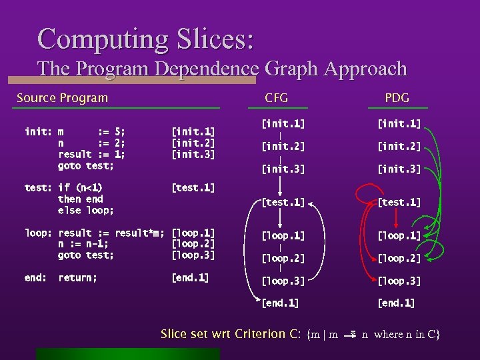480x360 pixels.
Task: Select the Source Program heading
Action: point(62,98)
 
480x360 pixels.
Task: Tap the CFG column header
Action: point(276,98)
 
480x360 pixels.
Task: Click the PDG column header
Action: point(397,98)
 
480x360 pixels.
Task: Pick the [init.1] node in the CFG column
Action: point(283,123)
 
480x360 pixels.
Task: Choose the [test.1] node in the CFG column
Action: point(283,202)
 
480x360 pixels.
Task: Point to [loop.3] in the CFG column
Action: point(283,281)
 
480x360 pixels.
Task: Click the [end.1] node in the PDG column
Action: point(396,303)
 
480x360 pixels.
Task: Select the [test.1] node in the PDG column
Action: point(399,202)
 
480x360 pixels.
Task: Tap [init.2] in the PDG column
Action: point(399,146)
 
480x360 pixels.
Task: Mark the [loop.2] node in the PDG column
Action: point(399,258)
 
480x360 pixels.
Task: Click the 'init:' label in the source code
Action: point(37,132)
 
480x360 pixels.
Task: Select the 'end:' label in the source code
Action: point(35,277)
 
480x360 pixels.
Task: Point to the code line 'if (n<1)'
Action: point(81,188)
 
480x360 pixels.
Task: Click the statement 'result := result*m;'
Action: point(111,233)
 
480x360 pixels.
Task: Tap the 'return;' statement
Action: point(77,277)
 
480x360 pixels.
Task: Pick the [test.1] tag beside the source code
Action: point(193,188)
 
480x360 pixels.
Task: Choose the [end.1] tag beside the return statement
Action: point(191,277)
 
